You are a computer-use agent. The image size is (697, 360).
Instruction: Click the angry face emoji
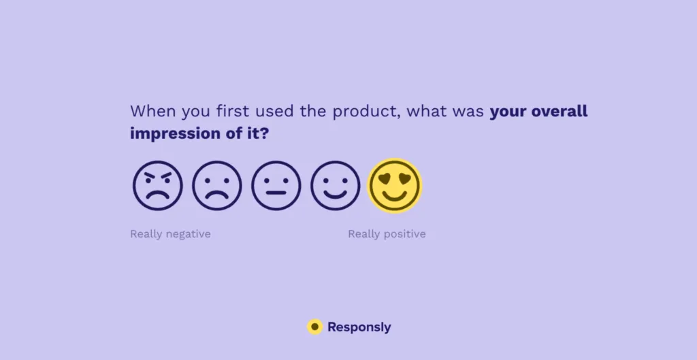click(x=157, y=185)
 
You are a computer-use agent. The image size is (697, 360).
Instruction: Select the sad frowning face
click(x=216, y=185)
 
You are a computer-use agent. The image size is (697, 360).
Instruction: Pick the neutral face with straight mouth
click(x=276, y=185)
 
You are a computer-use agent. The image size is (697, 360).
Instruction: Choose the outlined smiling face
click(x=335, y=185)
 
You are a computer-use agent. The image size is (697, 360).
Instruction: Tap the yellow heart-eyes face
click(x=395, y=185)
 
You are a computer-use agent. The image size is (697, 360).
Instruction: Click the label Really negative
click(x=170, y=234)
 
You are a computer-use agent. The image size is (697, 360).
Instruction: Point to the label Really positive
click(x=387, y=234)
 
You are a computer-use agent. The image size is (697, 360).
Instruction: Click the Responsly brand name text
click(x=359, y=327)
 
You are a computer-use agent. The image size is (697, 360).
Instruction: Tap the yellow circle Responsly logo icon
click(x=314, y=327)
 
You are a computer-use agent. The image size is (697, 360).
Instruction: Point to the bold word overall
click(x=557, y=111)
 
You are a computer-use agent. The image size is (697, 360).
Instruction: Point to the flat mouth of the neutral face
click(x=276, y=193)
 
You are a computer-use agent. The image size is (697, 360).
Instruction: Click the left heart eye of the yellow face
click(x=385, y=179)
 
